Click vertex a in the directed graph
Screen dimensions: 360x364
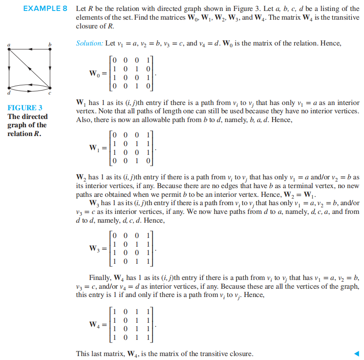(x=9, y=49)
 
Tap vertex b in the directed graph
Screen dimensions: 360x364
(x=51, y=49)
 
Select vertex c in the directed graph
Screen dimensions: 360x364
(x=51, y=87)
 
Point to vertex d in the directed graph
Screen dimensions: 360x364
(x=9, y=87)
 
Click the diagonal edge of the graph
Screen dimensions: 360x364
(x=30, y=68)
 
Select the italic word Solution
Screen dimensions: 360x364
(x=90, y=44)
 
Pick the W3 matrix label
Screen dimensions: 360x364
(x=95, y=248)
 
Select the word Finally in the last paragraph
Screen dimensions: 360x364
(x=100, y=278)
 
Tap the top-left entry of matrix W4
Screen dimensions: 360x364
(x=114, y=312)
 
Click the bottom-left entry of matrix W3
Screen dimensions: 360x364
(x=114, y=262)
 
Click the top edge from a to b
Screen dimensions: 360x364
(x=30, y=49)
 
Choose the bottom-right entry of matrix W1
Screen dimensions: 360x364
(x=149, y=161)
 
